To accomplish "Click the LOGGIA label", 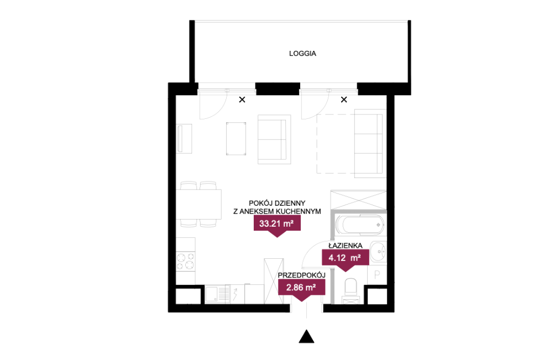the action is (302, 54).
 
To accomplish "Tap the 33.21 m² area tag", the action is (277, 224).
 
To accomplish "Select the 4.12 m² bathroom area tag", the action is (345, 258).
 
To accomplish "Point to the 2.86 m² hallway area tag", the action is (301, 288).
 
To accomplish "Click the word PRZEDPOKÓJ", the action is (302, 275).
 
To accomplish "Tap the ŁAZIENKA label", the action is (345, 246).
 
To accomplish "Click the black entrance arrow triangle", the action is (306, 336).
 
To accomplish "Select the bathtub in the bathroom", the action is (359, 225).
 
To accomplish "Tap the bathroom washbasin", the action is (378, 252).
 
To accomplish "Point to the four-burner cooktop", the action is (186, 262).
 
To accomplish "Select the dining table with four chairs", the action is (198, 204).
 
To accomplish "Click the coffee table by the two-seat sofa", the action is (236, 138).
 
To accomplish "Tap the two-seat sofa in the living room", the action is (274, 139).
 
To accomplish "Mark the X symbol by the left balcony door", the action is (242, 100).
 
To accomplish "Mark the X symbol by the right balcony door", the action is (344, 100).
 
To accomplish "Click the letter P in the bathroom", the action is (377, 275).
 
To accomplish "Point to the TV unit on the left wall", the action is (184, 138).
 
